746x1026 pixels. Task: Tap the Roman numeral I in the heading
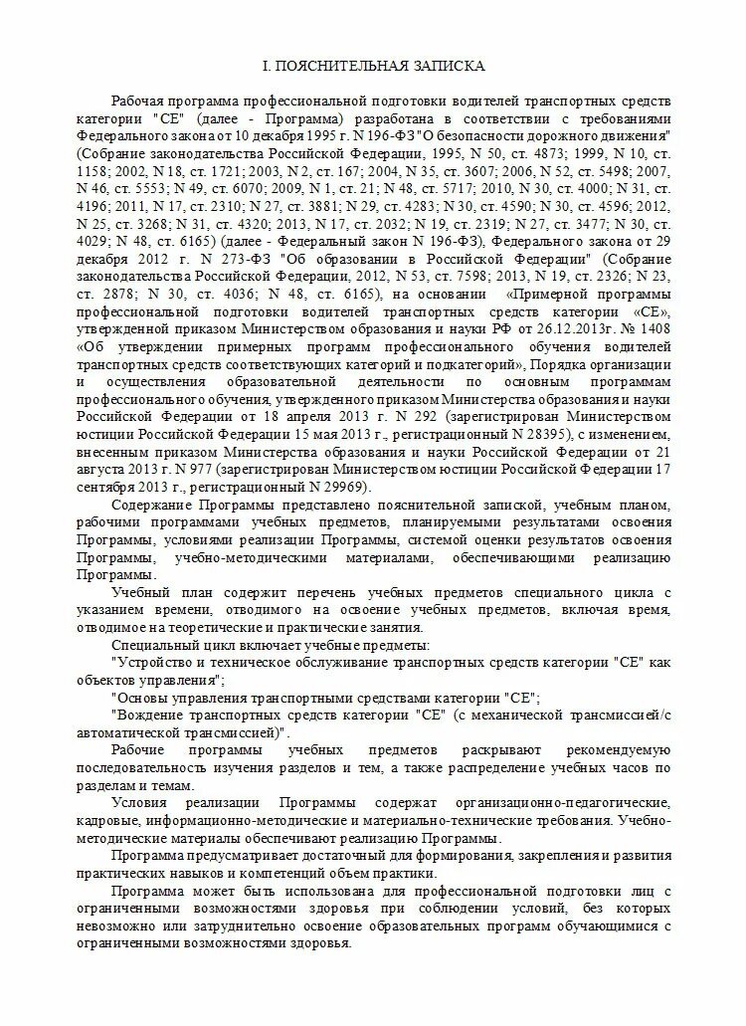pyautogui.click(x=264, y=66)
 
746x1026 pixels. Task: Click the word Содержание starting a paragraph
pyautogui.click(x=154, y=506)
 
